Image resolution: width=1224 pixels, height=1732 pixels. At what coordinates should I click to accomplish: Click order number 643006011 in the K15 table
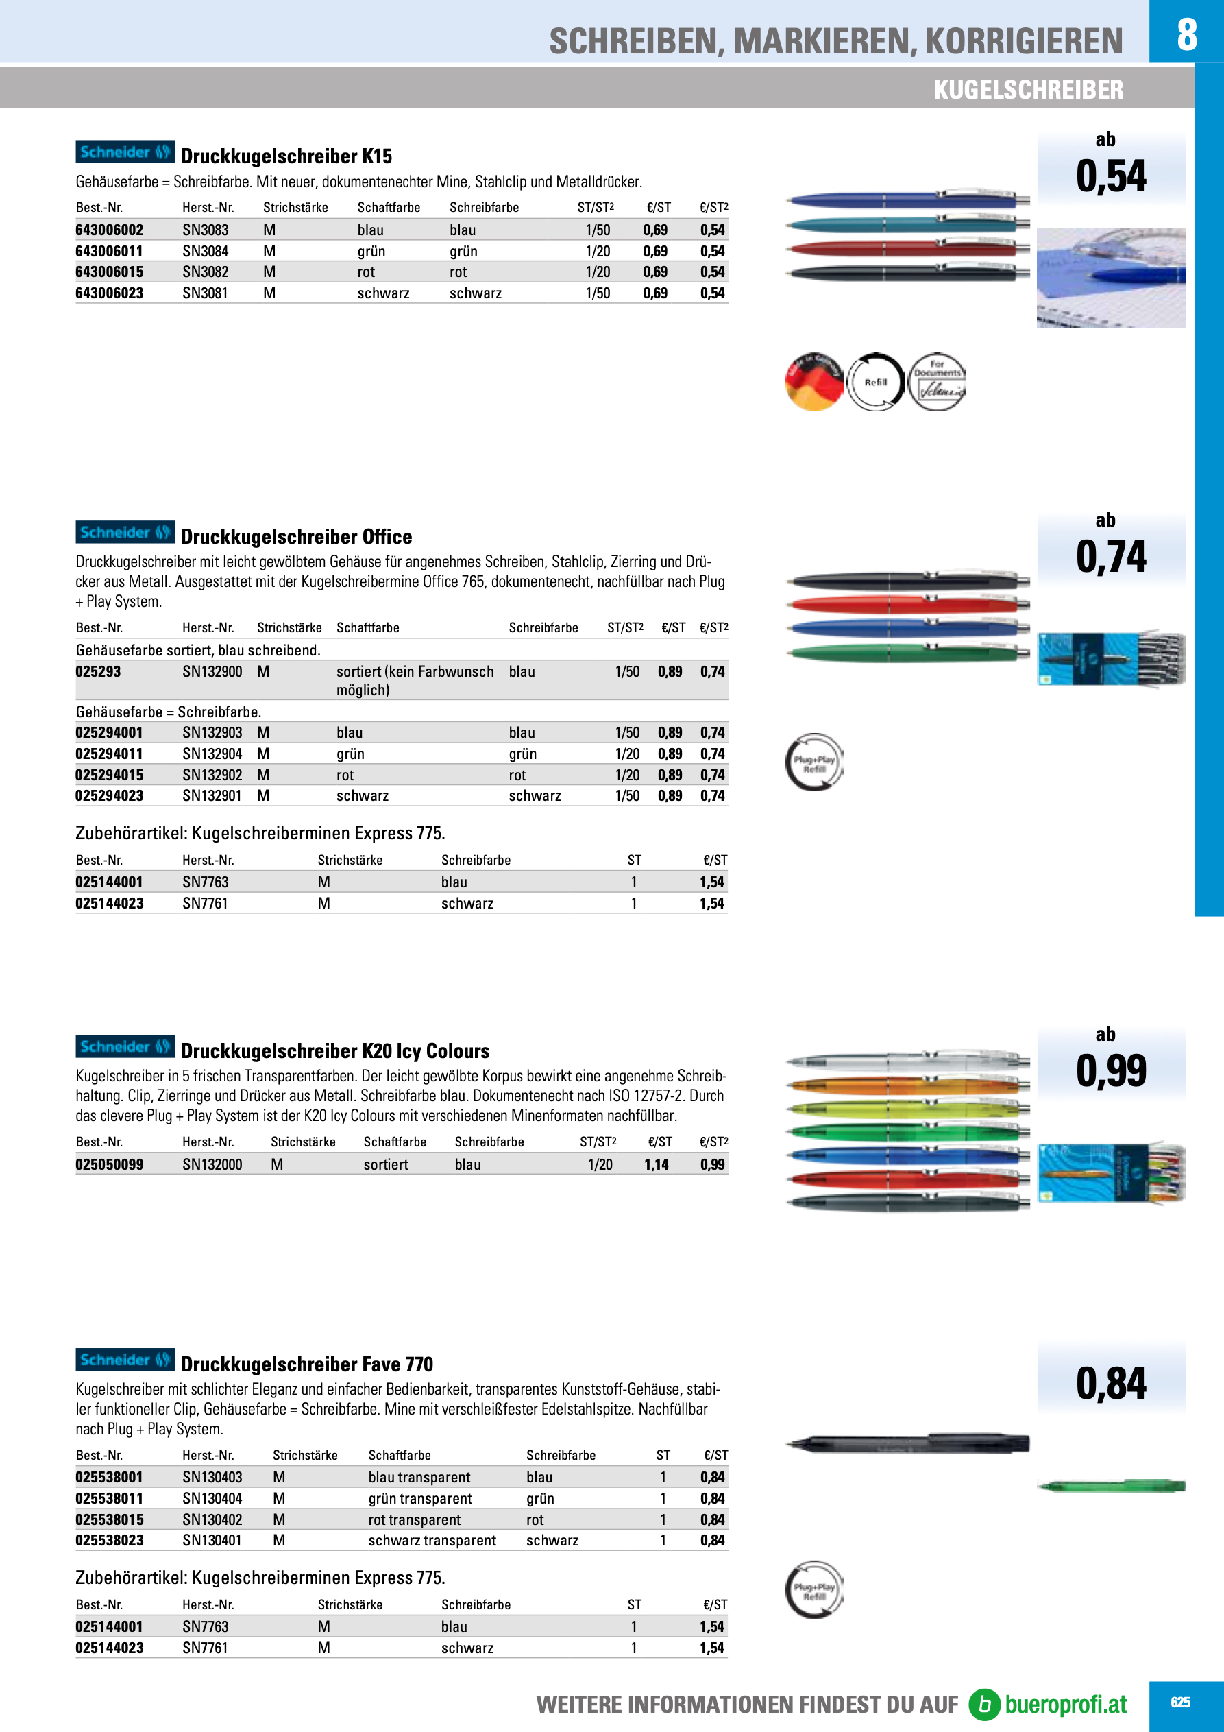coord(110,251)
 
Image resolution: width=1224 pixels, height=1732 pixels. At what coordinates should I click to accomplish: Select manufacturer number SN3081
coord(205,293)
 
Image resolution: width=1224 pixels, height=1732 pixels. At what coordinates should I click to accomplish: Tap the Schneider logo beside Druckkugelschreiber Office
coord(125,533)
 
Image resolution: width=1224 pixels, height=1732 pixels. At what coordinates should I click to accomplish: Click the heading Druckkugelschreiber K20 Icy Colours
coord(335,1051)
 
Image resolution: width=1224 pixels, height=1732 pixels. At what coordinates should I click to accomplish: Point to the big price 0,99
coord(1111,1070)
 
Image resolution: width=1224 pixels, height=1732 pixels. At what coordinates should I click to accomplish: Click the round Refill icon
coord(875,383)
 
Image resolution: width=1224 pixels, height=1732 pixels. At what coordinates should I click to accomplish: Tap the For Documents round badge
coord(937,383)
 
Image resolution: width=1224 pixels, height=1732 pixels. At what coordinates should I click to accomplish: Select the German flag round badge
coord(813,383)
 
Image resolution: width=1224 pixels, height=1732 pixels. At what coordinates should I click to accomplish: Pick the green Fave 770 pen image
coord(1111,1486)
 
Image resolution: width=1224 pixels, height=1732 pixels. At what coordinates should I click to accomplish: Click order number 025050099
coord(110,1164)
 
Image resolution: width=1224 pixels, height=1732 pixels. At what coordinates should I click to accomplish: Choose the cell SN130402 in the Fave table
coord(212,1519)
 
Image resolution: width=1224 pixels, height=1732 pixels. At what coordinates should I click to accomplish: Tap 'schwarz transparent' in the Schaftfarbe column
coord(432,1541)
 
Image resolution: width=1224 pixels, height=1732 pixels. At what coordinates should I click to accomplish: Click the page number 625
coord(1180,1702)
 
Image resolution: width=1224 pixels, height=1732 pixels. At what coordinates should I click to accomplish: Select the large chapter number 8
coord(1186,34)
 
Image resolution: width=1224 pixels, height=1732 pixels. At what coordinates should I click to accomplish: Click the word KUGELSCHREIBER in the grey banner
coord(1028,90)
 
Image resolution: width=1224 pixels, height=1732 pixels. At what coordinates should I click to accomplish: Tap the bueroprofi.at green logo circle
coord(984,1704)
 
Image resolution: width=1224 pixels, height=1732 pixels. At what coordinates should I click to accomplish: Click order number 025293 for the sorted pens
coord(98,671)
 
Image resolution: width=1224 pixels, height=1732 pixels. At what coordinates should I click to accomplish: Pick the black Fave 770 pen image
coord(907,1443)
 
